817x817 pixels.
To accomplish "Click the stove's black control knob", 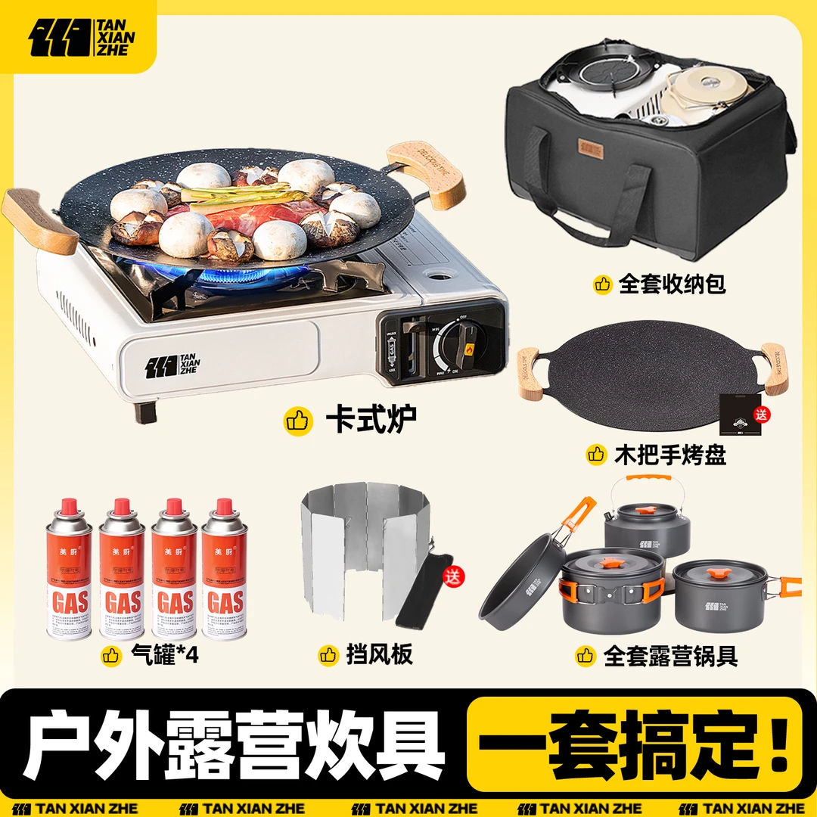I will [x=456, y=346].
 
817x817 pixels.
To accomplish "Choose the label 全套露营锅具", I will [x=670, y=655].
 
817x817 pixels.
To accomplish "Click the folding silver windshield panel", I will [x=356, y=552].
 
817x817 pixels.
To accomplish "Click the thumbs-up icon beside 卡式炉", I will [x=298, y=421].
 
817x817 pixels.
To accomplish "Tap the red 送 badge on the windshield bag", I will [x=453, y=576].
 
